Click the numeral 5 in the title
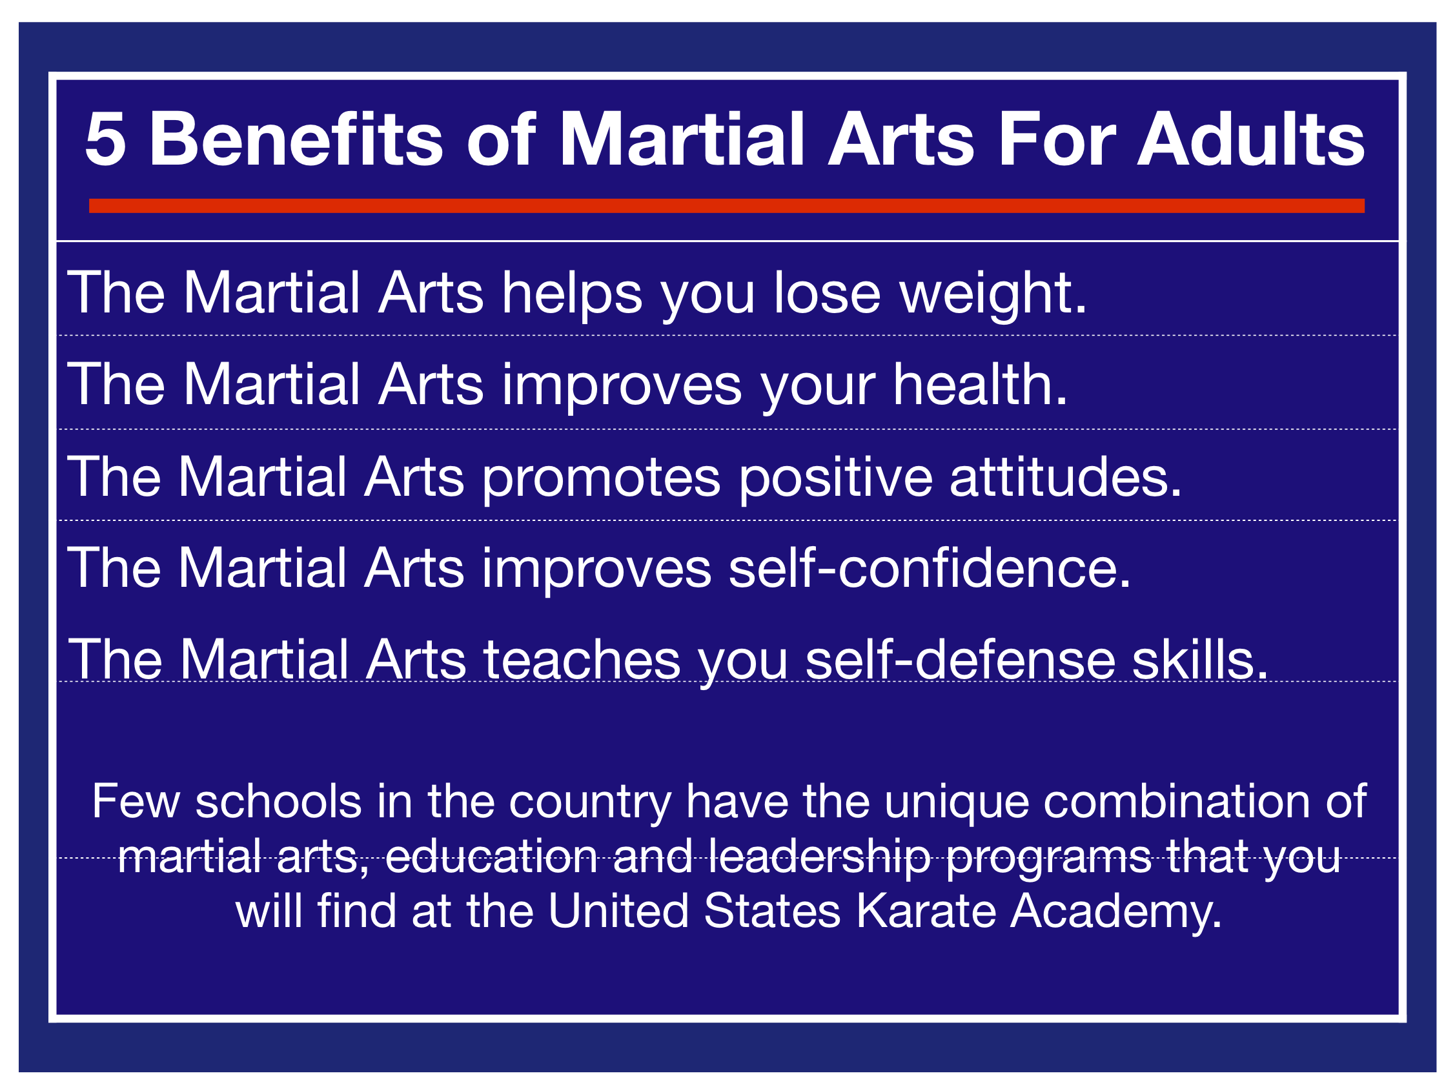(x=105, y=139)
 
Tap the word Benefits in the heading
(x=297, y=138)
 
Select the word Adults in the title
(x=1251, y=138)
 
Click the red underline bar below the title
(x=727, y=206)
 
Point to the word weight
(x=993, y=295)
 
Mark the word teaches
(x=582, y=659)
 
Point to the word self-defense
(x=961, y=659)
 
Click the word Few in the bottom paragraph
(x=136, y=802)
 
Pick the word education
(x=491, y=856)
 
